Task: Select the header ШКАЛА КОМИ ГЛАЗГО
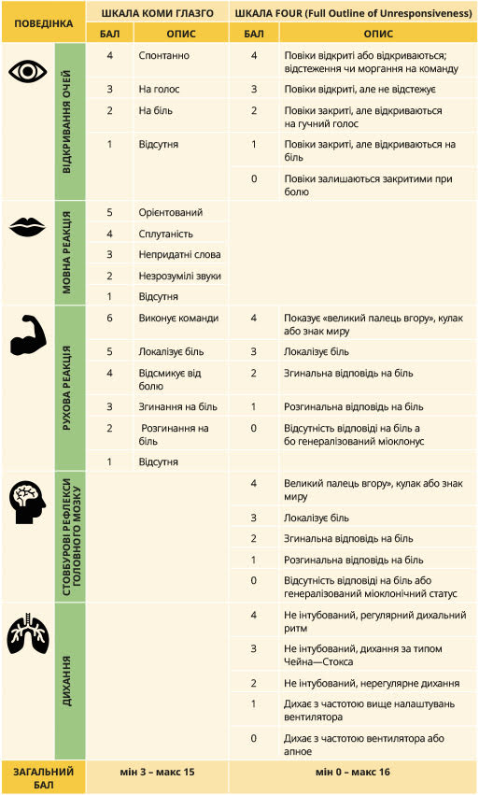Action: tap(157, 12)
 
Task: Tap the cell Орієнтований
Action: tap(170, 212)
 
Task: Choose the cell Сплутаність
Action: tap(166, 233)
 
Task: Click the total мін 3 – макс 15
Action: tap(157, 773)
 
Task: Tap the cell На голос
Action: tap(159, 90)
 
